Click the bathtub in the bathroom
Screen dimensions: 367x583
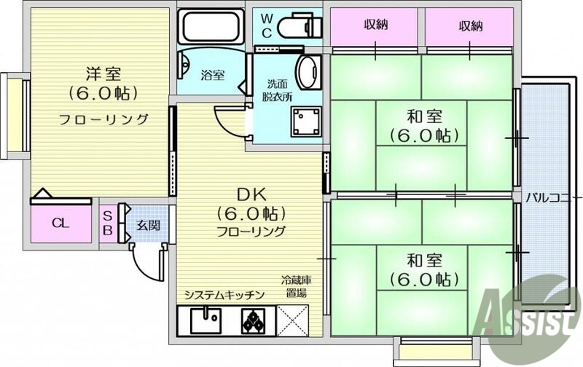[211, 26]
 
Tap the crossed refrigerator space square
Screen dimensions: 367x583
[297, 319]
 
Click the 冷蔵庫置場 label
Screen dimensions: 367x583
[297, 285]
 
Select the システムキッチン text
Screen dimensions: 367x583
[224, 295]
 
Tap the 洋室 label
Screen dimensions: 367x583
[103, 74]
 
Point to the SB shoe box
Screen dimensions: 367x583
[107, 224]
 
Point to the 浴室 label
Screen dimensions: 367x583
[212, 75]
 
